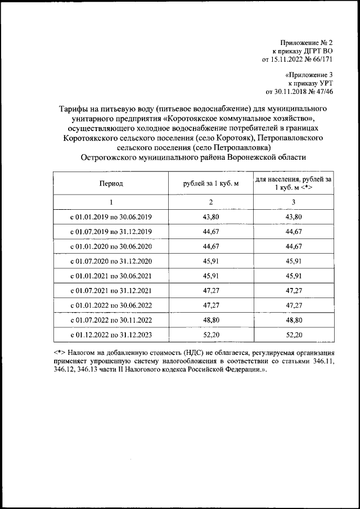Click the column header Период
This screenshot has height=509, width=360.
(111, 183)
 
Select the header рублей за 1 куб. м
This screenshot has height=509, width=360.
(211, 183)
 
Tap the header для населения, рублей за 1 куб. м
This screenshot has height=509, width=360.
(293, 183)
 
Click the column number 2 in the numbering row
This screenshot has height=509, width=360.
(211, 202)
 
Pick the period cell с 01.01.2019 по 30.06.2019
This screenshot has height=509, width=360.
(111, 217)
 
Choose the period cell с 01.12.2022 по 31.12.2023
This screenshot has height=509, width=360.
(111, 335)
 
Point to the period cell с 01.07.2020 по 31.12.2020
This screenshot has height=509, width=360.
(111, 262)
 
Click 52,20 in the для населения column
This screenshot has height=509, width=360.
(294, 335)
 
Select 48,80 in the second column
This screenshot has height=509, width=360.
(211, 321)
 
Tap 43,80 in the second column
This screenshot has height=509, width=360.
(211, 217)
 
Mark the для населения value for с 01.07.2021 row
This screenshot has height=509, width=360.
(294, 291)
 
